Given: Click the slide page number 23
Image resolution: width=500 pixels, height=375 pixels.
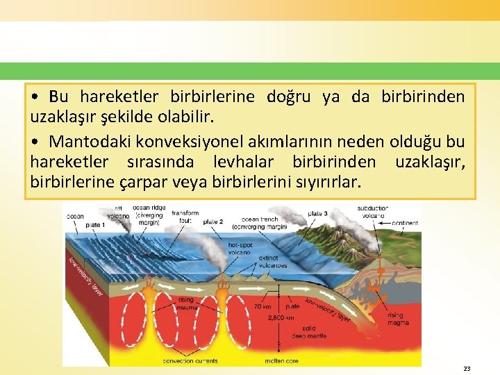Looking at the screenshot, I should coord(467,369).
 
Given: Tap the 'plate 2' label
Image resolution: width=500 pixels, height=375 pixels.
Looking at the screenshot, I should coord(212,222).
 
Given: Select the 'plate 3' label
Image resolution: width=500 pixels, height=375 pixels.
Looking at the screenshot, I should coord(317,213).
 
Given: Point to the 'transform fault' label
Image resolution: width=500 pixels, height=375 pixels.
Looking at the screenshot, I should coord(185,217).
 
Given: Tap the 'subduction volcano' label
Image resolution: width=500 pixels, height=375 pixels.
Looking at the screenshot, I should coord(373,212).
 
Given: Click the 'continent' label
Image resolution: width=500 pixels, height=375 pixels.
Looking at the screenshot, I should coord(405,223).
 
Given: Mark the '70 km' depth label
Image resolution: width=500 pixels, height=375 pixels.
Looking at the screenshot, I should coord(262,306).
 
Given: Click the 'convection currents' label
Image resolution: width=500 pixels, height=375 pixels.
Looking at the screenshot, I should coord(190,361).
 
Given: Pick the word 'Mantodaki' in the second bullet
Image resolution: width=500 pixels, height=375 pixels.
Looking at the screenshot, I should coord(85,142).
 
